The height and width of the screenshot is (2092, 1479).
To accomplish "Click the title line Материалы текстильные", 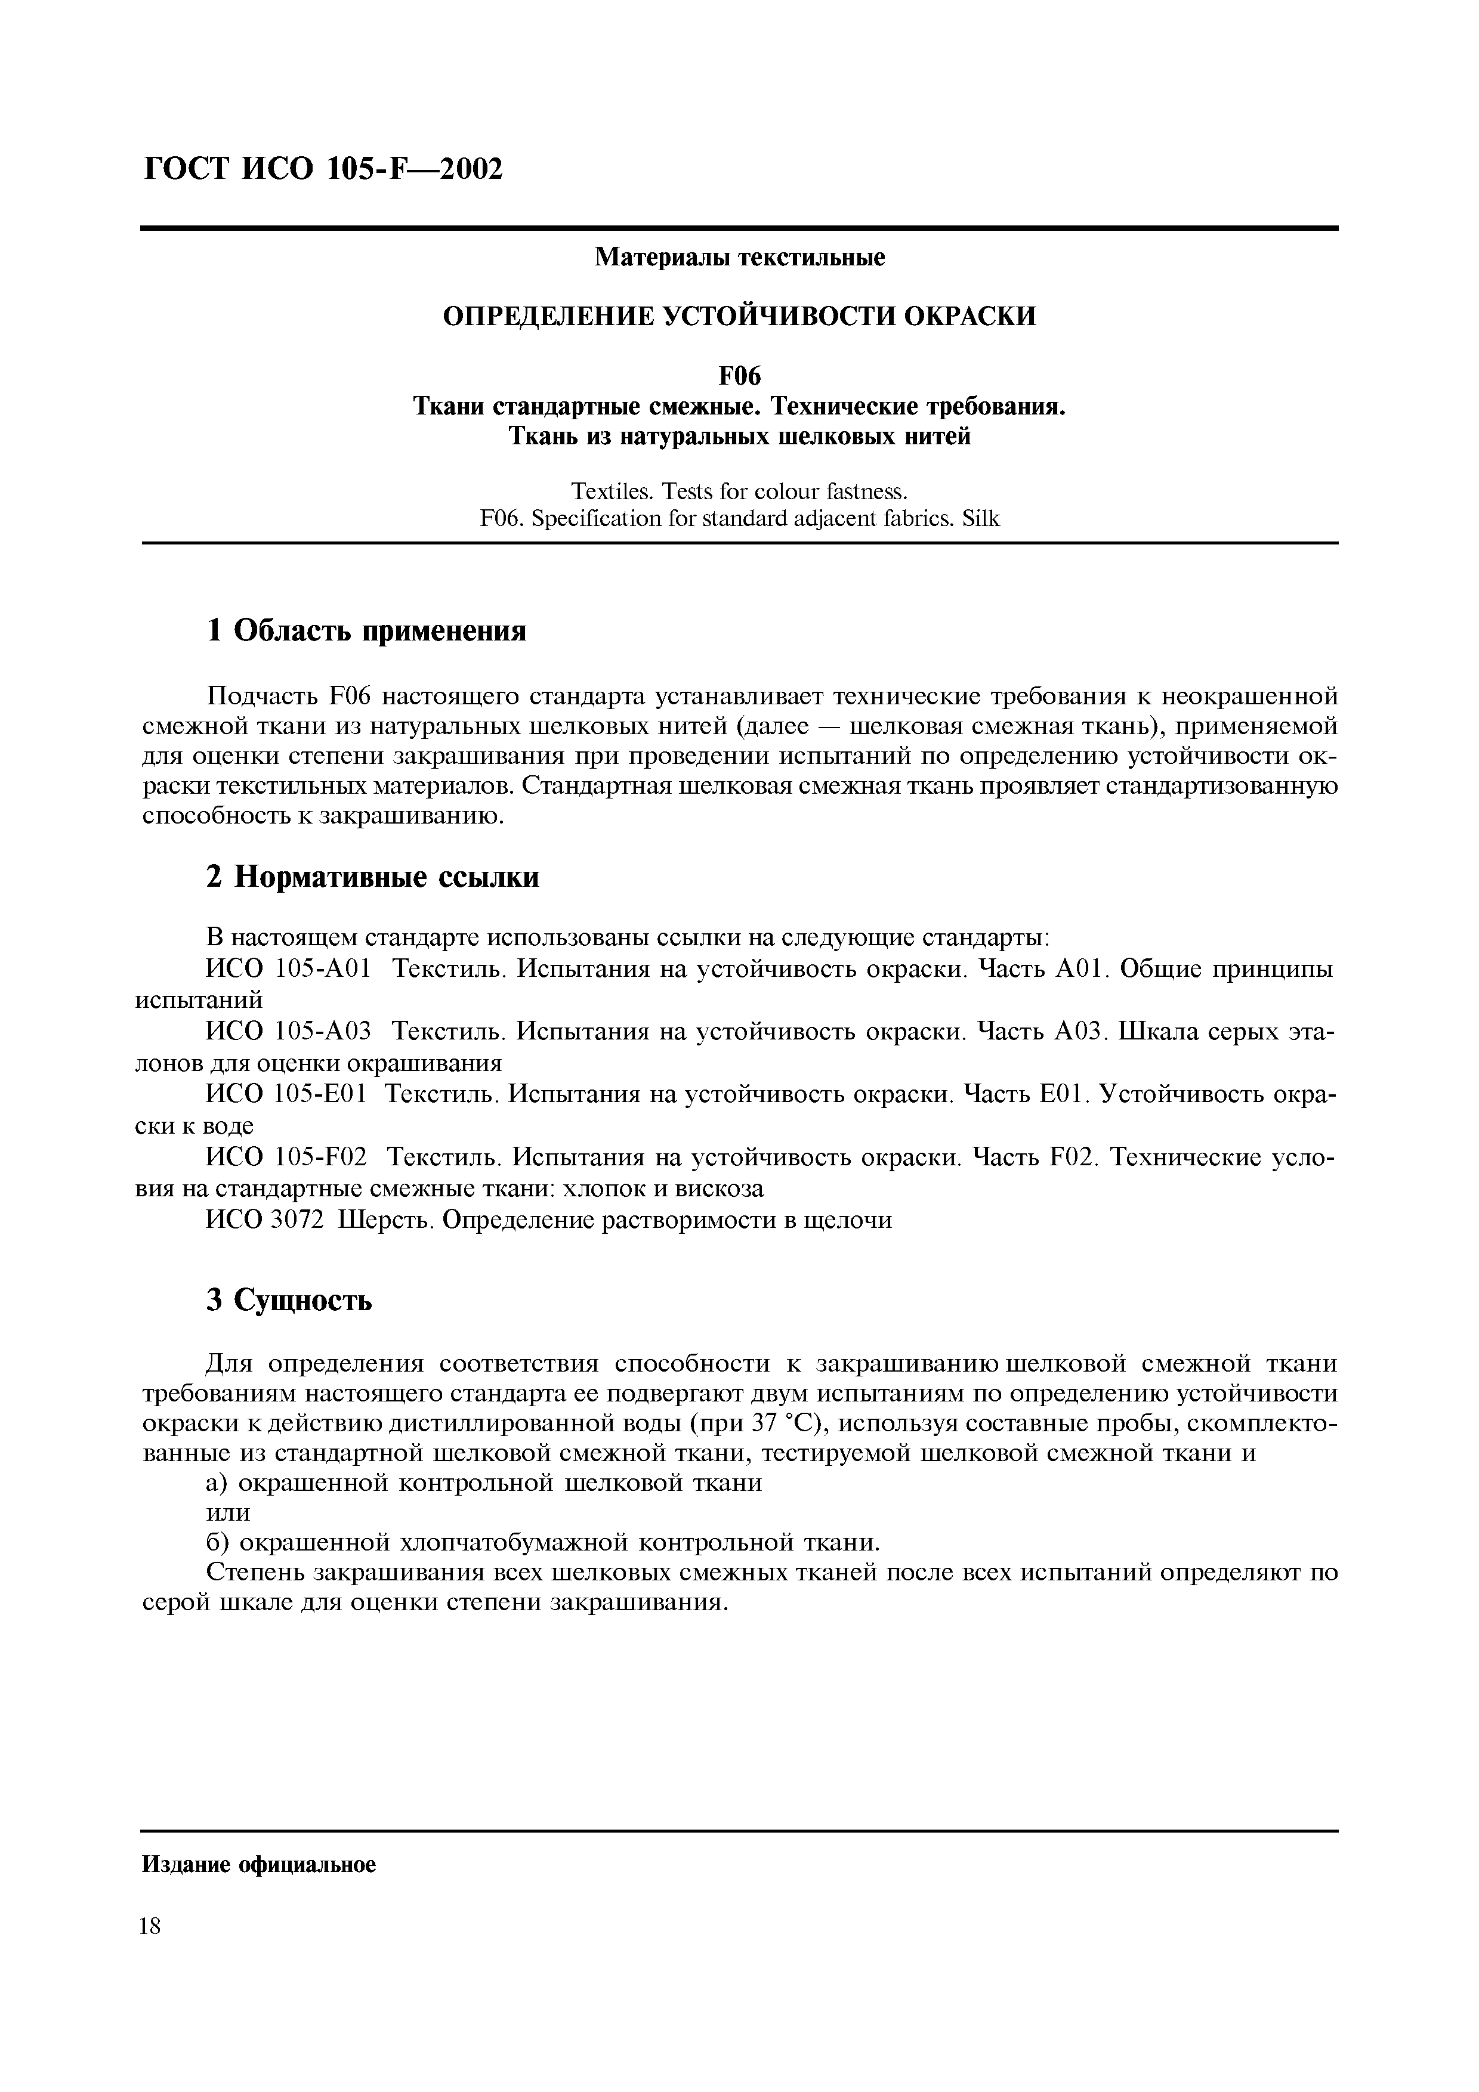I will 739,258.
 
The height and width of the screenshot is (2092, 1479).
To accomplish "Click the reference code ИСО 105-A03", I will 289,1032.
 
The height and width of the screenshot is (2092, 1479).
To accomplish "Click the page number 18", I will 150,1926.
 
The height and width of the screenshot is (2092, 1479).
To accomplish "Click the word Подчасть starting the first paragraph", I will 261,697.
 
